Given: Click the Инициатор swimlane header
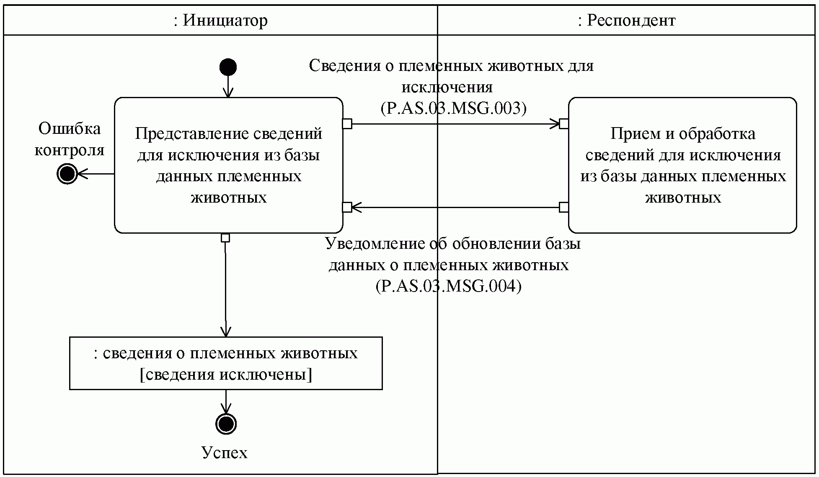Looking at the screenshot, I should point(220,20).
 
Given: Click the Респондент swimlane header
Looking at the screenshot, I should point(627,20).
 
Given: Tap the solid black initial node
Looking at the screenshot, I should point(228,67).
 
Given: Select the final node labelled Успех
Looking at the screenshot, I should point(226,424).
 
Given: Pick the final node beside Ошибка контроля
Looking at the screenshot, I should point(67,173).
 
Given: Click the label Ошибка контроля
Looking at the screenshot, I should point(69,139).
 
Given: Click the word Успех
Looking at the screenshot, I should point(225,453).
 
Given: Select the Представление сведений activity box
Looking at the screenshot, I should point(229,165).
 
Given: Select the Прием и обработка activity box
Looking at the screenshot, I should point(682,165).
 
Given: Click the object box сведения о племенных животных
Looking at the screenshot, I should point(226,363).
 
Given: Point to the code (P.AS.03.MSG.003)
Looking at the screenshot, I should point(454,109).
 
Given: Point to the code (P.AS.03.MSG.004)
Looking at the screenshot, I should point(449,287).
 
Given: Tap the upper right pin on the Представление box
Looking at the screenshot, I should point(347,123).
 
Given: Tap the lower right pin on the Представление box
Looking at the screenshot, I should point(347,207).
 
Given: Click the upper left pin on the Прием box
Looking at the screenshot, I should point(564,123).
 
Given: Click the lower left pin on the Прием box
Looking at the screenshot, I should point(564,207).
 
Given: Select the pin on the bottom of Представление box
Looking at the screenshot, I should point(225,238).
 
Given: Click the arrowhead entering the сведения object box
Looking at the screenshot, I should point(226,332).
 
